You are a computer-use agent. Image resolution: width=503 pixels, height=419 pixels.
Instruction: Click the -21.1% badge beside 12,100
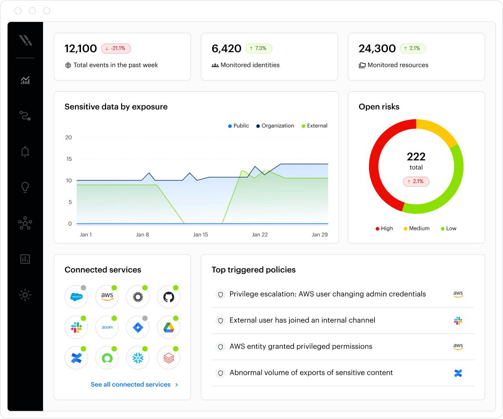click(x=116, y=48)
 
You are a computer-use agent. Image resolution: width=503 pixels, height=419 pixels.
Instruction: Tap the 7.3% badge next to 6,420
click(x=259, y=48)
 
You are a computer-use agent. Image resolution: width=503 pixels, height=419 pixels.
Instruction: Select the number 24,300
click(x=377, y=48)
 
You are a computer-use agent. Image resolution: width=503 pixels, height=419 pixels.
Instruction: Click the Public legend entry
click(x=238, y=126)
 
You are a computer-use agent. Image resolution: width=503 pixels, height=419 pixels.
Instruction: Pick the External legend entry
click(x=315, y=126)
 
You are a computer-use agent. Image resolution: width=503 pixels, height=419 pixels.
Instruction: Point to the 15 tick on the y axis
click(x=69, y=159)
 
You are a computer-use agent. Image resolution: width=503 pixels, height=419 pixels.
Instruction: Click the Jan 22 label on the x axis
click(x=260, y=234)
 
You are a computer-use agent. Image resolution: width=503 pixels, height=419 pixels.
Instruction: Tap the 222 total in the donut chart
click(x=416, y=157)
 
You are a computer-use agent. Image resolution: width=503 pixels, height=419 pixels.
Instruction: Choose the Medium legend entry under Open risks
click(x=417, y=228)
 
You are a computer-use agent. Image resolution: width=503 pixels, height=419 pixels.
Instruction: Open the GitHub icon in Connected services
click(x=168, y=297)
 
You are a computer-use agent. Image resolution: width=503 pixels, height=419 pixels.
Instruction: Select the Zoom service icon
click(x=107, y=328)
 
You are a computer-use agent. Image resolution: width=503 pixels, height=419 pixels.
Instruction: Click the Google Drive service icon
click(x=168, y=328)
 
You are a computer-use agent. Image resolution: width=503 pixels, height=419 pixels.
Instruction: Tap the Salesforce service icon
click(x=76, y=297)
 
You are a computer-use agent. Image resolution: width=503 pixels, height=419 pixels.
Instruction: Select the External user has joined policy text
click(x=302, y=320)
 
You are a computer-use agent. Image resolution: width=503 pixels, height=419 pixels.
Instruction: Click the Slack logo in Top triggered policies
click(x=458, y=321)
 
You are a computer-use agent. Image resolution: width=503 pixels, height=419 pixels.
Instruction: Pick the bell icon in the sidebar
click(x=25, y=152)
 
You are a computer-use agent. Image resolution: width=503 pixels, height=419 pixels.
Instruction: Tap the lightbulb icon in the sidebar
click(x=25, y=187)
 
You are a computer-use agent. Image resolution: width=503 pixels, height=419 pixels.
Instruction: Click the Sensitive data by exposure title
click(x=116, y=107)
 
